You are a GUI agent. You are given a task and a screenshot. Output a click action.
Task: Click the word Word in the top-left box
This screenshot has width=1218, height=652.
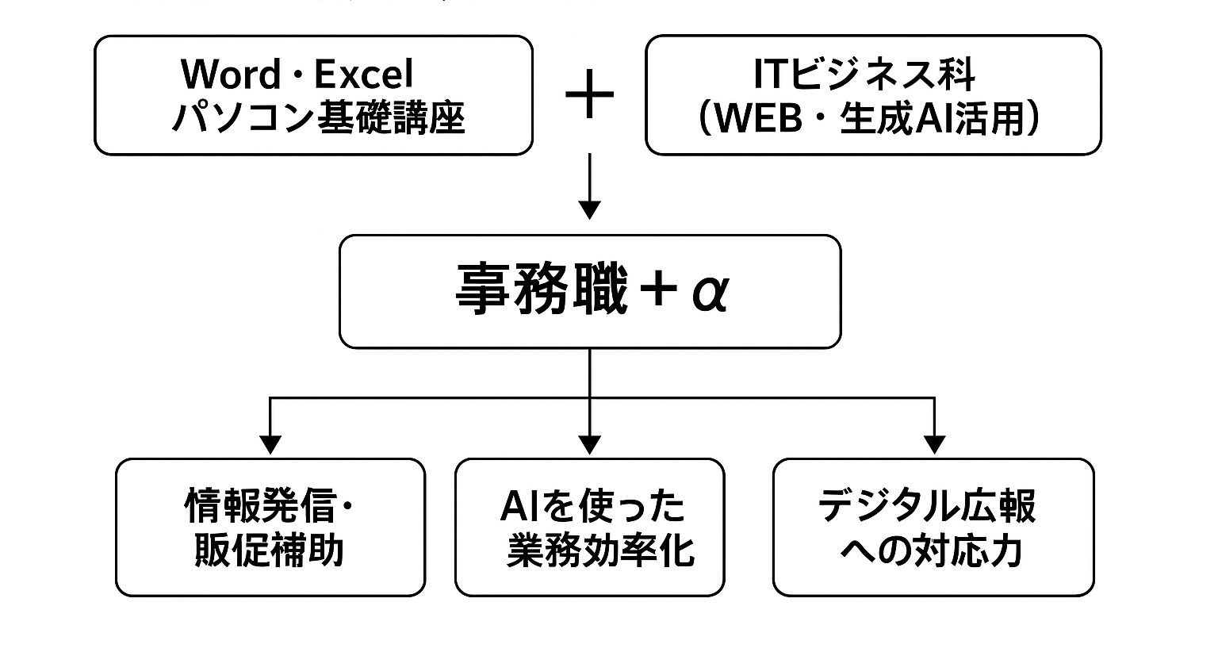231,74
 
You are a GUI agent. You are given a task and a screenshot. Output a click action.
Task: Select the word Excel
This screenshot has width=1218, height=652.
364,74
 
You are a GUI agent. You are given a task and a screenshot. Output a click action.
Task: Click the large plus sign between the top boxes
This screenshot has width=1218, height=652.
589,94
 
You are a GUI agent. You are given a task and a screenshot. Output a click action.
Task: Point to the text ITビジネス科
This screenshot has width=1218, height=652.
864,74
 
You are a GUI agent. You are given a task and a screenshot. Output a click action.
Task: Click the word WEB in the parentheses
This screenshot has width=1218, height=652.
759,118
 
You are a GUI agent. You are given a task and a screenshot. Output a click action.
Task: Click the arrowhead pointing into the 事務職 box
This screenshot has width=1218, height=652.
589,210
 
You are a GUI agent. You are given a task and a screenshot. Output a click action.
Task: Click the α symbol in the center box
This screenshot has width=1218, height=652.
710,293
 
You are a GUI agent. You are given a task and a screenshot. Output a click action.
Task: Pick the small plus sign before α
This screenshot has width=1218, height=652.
658,289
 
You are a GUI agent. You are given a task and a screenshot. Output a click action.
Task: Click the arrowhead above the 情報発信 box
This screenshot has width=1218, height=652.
270,445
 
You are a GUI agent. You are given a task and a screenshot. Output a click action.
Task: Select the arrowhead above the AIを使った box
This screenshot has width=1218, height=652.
589,445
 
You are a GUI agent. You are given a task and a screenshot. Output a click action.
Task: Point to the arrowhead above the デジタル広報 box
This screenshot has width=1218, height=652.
934,445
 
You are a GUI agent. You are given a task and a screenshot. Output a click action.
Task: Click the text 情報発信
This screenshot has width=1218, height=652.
260,506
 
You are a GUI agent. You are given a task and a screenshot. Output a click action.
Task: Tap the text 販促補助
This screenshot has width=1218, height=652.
269,550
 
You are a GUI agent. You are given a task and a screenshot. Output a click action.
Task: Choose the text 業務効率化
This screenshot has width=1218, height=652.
601,550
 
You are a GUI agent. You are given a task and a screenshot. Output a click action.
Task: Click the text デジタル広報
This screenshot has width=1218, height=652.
927,506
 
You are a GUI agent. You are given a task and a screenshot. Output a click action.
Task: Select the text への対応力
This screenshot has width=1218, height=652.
932,550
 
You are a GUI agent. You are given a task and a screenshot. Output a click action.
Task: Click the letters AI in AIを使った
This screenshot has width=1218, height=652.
519,506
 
